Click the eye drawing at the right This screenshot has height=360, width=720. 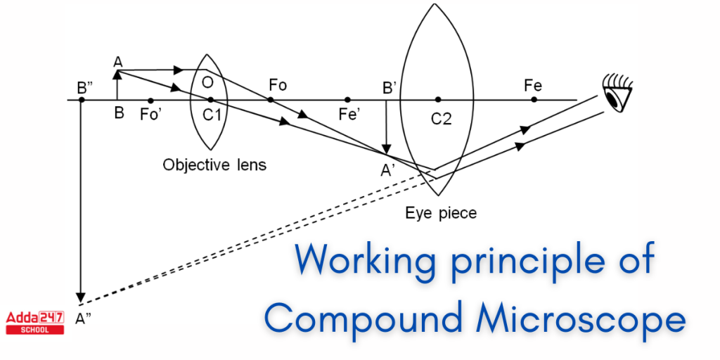618,94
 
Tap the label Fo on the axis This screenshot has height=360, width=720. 278,85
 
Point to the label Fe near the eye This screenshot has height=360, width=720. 532,85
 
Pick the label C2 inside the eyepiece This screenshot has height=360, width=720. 441,119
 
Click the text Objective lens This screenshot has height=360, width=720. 214,165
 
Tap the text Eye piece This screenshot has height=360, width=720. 441,212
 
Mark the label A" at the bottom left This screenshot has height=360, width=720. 84,318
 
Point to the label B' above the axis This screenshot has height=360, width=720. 389,88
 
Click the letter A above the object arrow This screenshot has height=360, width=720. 118,61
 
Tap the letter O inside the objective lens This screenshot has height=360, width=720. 207,83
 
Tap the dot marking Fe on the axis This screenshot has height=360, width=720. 534,100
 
